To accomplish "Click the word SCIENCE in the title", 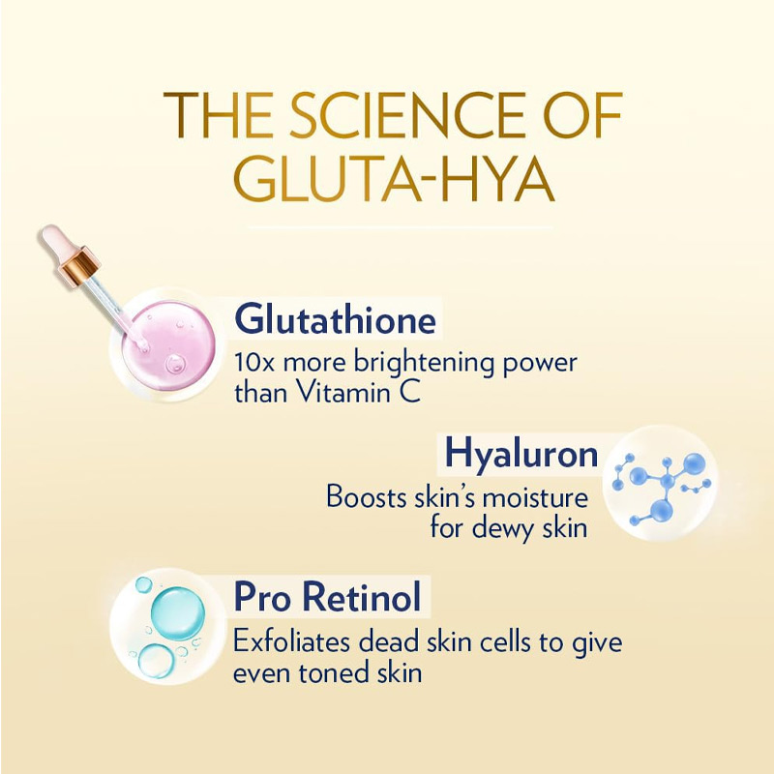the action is (x=407, y=115).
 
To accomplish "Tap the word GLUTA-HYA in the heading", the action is (x=394, y=179).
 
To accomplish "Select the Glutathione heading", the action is (x=336, y=319).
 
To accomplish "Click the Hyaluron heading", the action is (x=521, y=455).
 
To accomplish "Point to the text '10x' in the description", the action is (x=254, y=362).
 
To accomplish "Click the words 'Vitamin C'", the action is (x=359, y=393).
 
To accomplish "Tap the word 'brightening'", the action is (x=424, y=364).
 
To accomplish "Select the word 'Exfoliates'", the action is (x=293, y=641).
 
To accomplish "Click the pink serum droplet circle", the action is (x=168, y=345).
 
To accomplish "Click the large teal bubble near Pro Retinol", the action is (x=178, y=613).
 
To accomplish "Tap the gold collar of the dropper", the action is (x=80, y=267).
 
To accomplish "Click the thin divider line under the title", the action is (x=400, y=227).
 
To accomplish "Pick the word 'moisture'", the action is (x=536, y=497).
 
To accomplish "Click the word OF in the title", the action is (x=582, y=115).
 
